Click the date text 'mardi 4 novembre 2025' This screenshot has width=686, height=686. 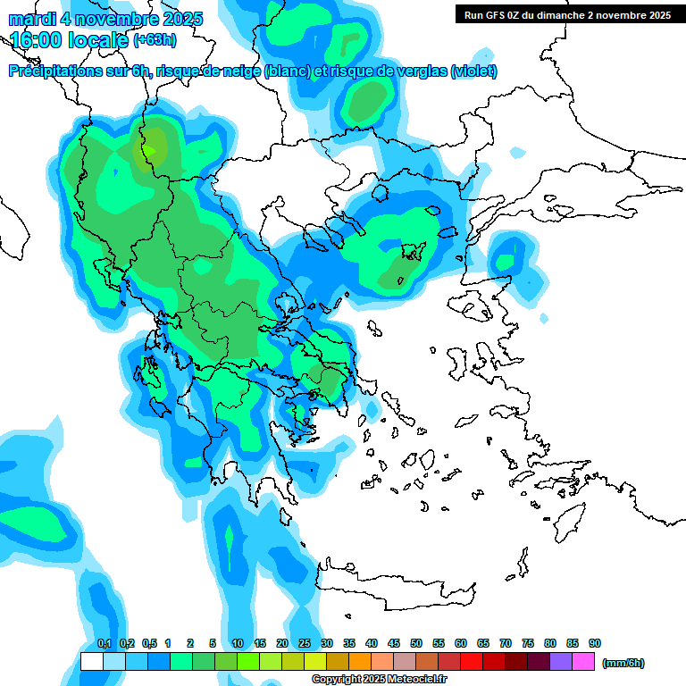(105, 19)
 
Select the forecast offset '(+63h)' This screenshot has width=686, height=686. (155, 40)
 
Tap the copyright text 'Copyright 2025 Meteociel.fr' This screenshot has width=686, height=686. (379, 680)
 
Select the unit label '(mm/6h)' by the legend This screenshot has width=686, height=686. (623, 663)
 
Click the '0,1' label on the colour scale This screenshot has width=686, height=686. (104, 644)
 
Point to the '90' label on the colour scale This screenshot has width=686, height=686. (595, 644)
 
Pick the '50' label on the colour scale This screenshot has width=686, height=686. (416, 644)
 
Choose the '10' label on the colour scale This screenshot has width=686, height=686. (238, 644)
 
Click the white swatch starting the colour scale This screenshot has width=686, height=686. (91, 662)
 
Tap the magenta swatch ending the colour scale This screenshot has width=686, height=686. (583, 662)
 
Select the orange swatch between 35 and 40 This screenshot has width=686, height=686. (360, 662)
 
